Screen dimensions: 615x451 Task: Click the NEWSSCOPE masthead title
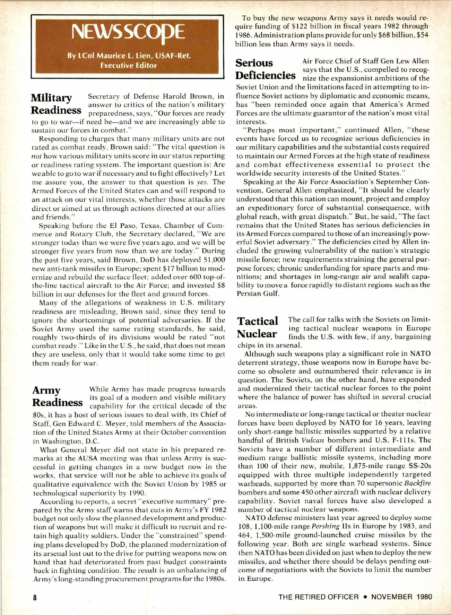(128, 32)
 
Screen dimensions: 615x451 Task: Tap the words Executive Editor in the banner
(128, 65)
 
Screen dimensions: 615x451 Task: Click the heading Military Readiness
(56, 104)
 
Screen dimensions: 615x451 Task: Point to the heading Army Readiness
(57, 396)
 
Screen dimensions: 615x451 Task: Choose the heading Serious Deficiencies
(265, 69)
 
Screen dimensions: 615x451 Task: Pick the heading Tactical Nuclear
(258, 327)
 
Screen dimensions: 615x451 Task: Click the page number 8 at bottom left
(35, 597)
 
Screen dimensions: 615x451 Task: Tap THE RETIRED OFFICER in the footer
(318, 597)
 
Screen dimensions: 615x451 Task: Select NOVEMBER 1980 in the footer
(401, 597)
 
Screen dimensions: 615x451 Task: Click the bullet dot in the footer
(365, 597)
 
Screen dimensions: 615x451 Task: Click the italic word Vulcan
(313, 440)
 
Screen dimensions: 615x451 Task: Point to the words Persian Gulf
(258, 294)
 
